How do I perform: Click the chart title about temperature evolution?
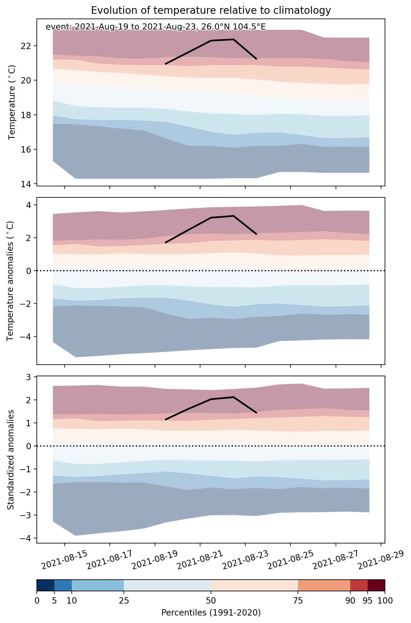(x=211, y=10)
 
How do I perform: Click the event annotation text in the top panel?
(x=156, y=27)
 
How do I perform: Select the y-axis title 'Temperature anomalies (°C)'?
(x=10, y=281)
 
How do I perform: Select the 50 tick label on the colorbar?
(x=211, y=601)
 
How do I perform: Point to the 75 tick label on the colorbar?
(x=298, y=601)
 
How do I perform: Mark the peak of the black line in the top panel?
(x=233, y=39)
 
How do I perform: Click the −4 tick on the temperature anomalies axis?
(x=27, y=336)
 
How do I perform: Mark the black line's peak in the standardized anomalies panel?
(x=233, y=397)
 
